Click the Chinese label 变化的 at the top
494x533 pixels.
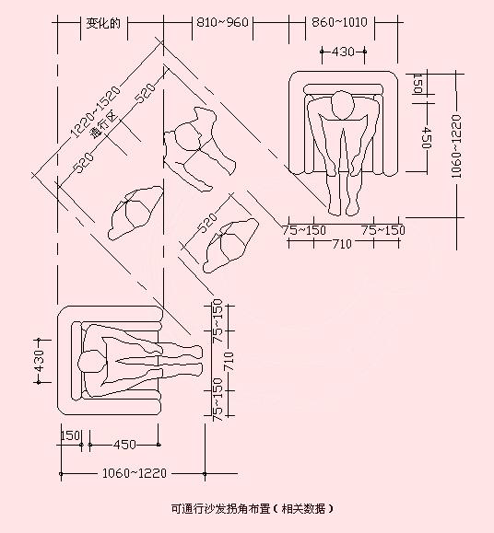coord(103,23)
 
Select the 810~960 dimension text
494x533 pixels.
coord(222,22)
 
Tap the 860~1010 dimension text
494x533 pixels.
coord(339,22)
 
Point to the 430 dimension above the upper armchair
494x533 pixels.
coord(343,52)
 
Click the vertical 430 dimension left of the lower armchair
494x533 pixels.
coord(40,362)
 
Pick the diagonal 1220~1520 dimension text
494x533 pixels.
coord(95,111)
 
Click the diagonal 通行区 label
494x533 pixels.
coord(104,125)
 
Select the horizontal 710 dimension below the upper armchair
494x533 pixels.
coord(342,244)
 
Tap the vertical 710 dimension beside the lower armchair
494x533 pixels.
coord(229,362)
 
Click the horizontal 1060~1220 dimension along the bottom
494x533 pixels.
coord(135,473)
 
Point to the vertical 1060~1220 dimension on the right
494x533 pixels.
coord(456,146)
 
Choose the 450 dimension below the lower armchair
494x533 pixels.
coord(124,445)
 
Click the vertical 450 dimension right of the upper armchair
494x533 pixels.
coord(427,138)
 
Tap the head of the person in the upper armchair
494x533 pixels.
coord(342,105)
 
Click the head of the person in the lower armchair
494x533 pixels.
coord(91,363)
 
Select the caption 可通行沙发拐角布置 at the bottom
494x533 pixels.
coord(220,509)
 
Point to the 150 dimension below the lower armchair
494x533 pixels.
coord(70,435)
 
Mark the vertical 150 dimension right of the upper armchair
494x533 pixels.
coord(418,83)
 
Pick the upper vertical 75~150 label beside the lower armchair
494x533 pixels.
coord(218,320)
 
